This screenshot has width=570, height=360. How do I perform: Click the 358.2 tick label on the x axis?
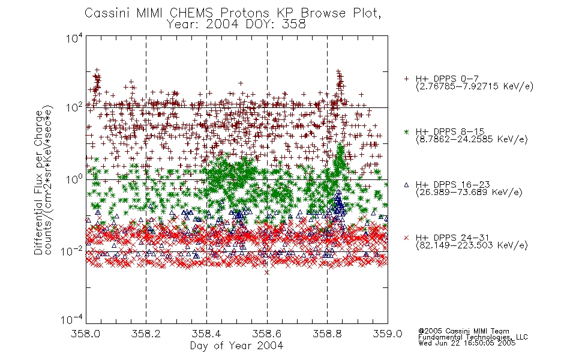point(146,334)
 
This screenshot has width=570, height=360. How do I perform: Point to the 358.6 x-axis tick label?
point(267,334)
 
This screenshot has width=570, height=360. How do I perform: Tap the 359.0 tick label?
point(388,334)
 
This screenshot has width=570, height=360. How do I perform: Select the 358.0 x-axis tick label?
point(85,334)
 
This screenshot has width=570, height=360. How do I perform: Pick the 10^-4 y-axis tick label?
point(71,319)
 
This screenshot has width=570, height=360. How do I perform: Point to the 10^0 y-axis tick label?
point(74,179)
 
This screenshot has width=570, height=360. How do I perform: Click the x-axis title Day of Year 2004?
point(236,346)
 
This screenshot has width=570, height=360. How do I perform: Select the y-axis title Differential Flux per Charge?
point(38,182)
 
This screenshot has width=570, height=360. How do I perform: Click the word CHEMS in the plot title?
point(191,13)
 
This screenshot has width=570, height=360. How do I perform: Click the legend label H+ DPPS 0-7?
point(447,79)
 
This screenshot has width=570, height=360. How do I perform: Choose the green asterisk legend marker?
point(406,132)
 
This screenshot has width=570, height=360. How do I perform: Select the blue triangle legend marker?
point(406,185)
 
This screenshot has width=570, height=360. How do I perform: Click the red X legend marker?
point(406,238)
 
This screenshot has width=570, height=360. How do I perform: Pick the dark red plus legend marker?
point(406,79)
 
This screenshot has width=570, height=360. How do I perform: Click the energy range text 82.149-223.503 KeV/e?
point(472,245)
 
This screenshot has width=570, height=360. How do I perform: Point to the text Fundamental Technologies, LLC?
point(473,337)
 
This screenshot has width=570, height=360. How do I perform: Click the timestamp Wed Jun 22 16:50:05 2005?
point(467,343)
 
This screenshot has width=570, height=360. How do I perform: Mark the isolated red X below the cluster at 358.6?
point(267,272)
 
